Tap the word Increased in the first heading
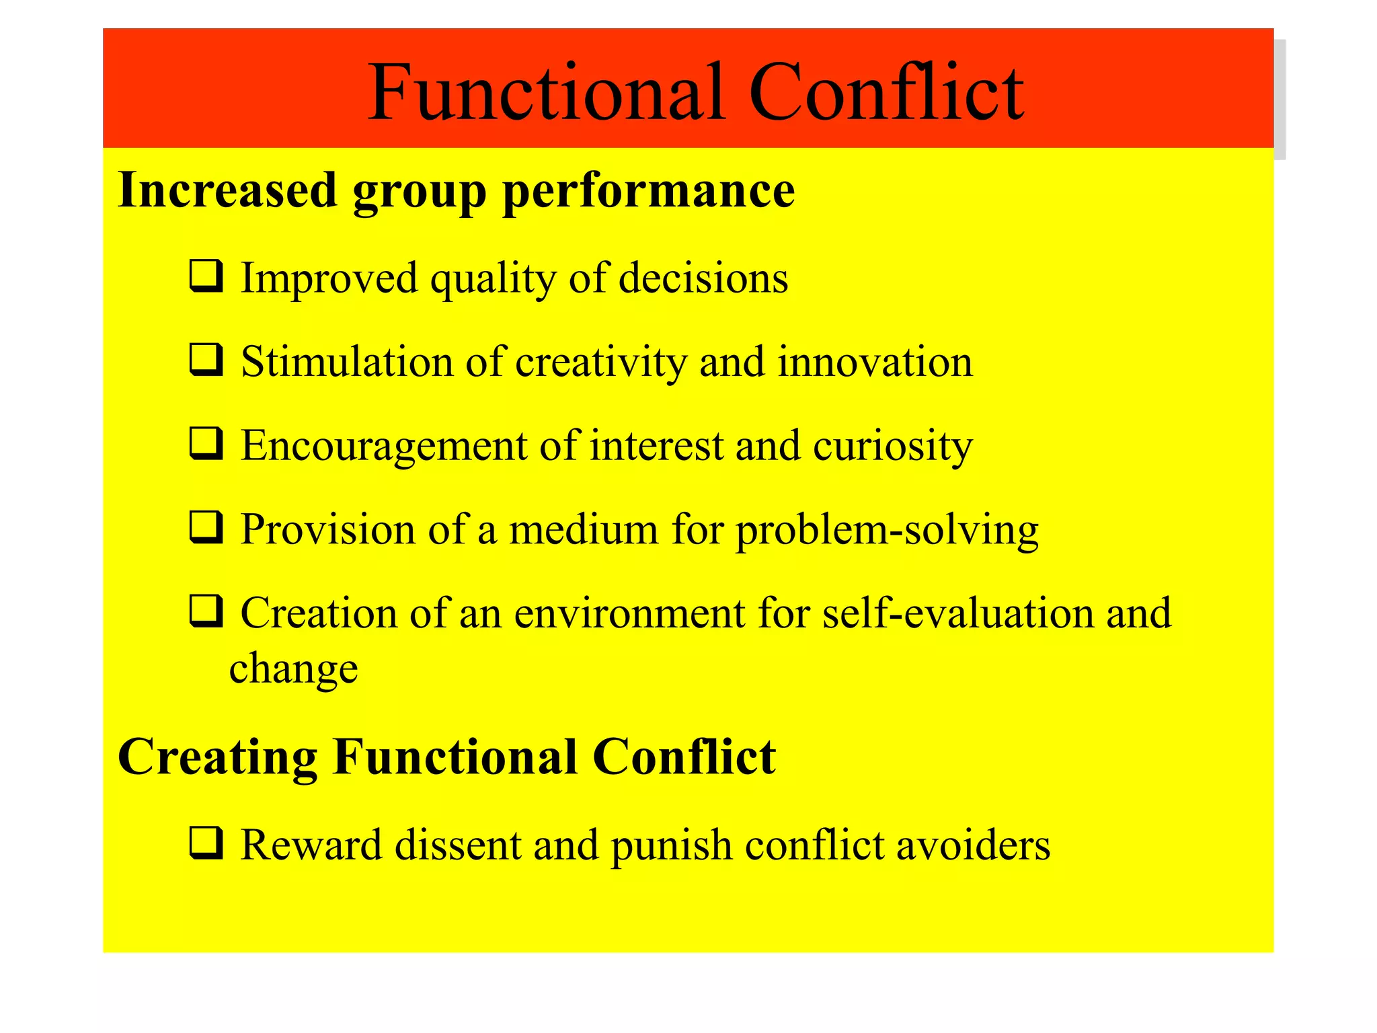[x=227, y=190]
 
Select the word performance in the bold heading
[x=649, y=192]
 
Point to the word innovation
[x=875, y=362]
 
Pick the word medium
[x=584, y=529]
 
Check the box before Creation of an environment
[x=206, y=611]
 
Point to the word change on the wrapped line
[x=293, y=670]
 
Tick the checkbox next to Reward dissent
[x=206, y=843]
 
